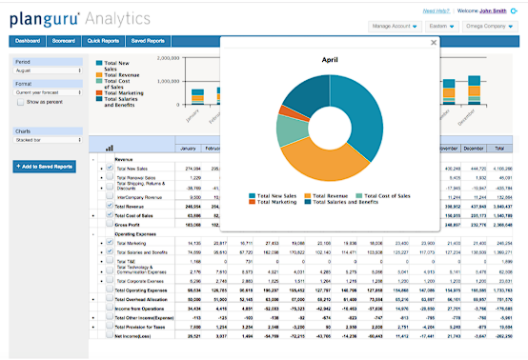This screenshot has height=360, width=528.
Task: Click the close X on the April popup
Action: click(x=433, y=42)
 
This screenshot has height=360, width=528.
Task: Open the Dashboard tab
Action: click(x=28, y=41)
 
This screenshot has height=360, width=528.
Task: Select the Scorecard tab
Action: click(x=64, y=41)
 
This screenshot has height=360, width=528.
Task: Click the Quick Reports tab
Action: click(x=103, y=41)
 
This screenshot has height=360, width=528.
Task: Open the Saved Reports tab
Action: click(x=148, y=41)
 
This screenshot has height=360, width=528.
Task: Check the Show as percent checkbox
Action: click(x=20, y=101)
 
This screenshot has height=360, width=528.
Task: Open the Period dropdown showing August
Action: click(x=42, y=70)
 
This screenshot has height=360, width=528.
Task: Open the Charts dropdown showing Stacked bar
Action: click(x=42, y=141)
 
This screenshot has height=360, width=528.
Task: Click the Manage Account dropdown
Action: click(x=395, y=27)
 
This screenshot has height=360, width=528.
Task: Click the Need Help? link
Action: click(x=437, y=10)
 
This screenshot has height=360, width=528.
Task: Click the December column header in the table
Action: click(x=473, y=149)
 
